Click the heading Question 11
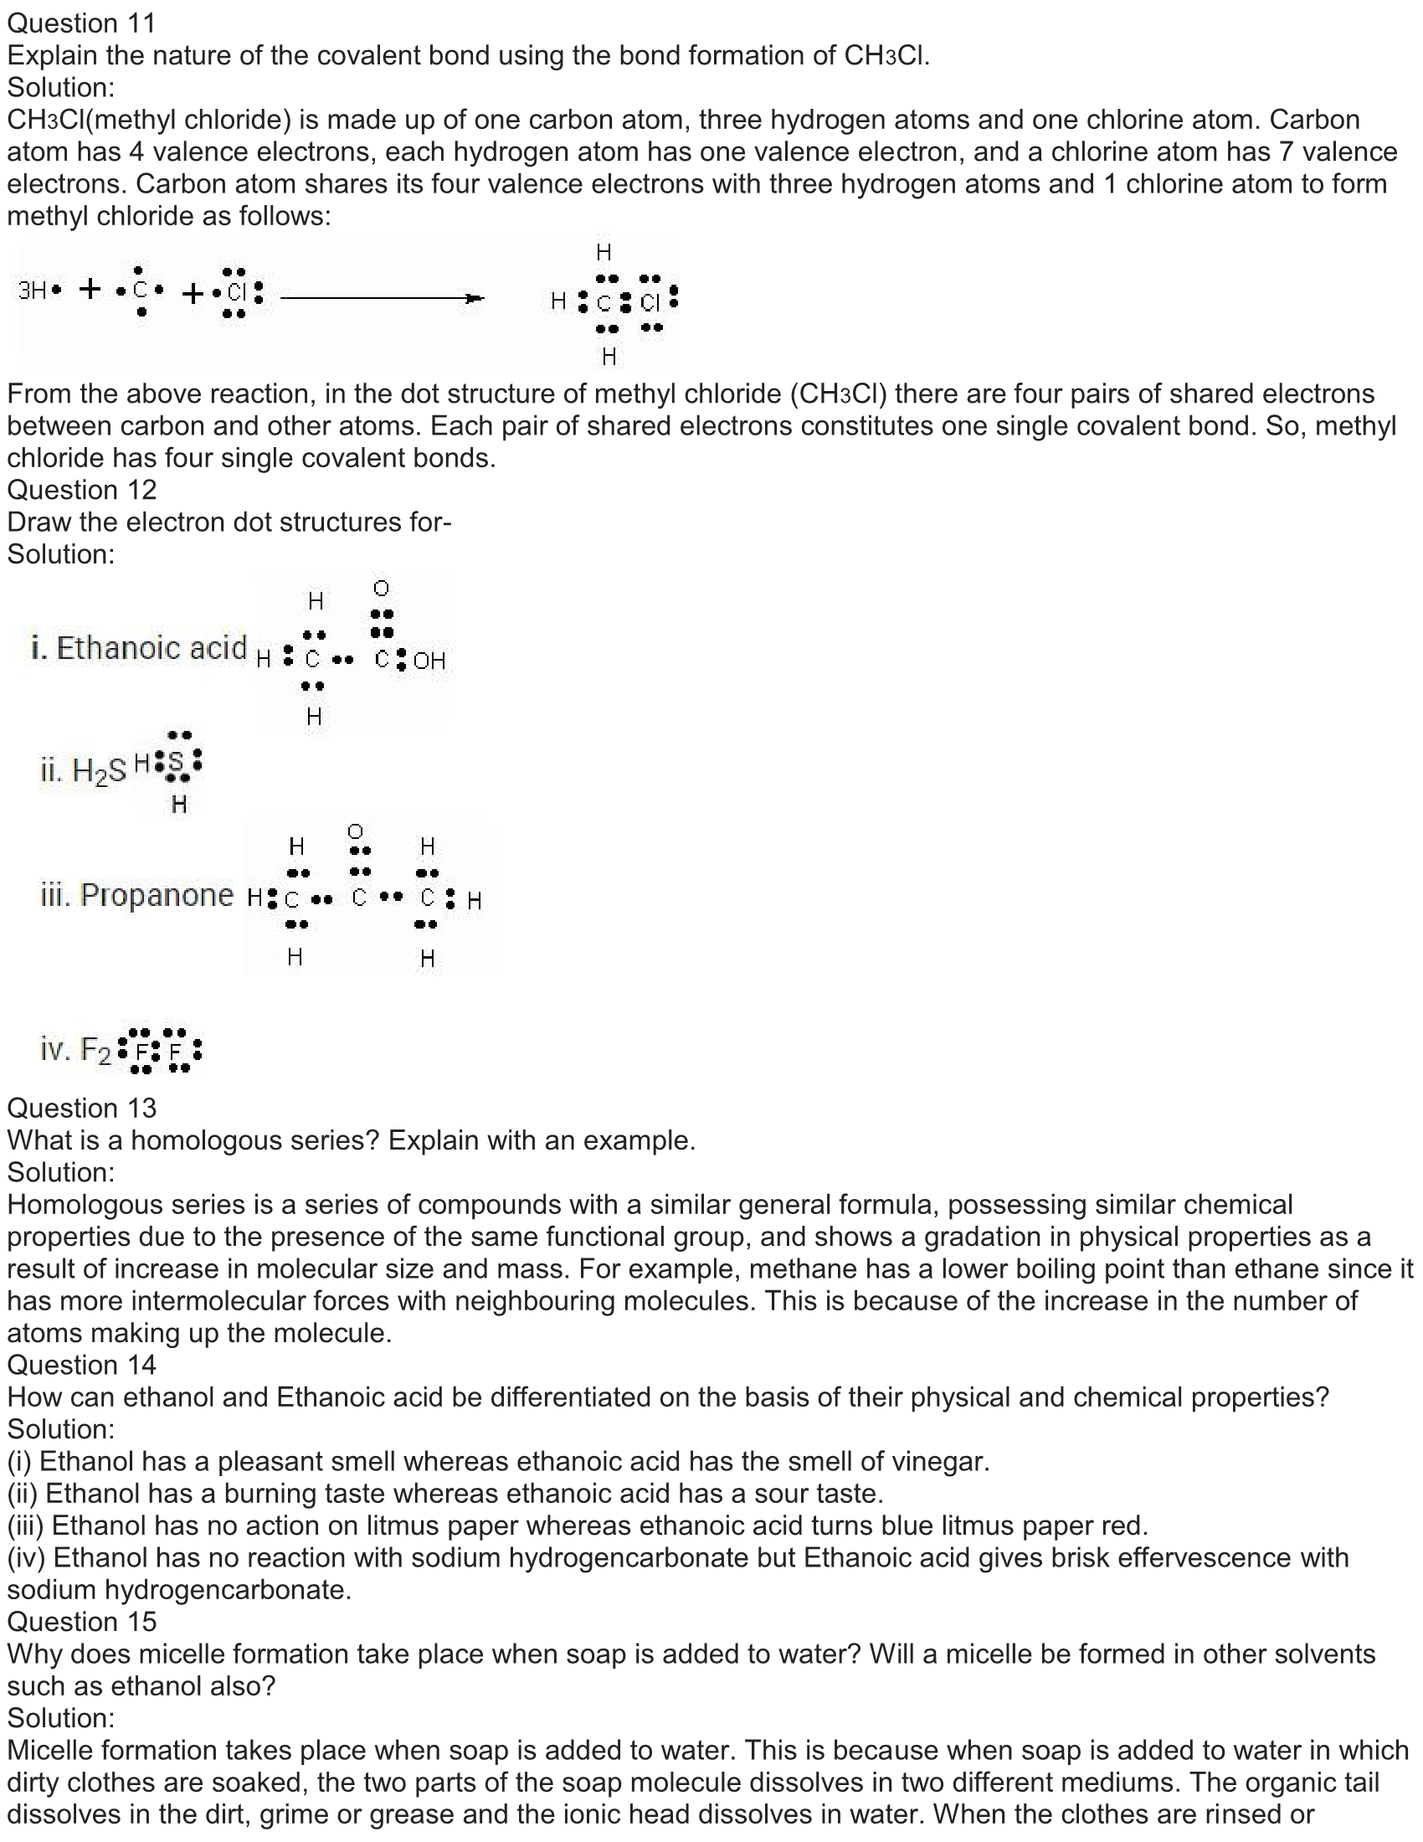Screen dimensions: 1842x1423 point(82,23)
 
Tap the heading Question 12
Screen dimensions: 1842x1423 point(82,490)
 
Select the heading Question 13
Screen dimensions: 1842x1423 point(82,1109)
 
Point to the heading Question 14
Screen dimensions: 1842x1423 point(82,1366)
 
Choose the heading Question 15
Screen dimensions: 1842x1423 point(82,1622)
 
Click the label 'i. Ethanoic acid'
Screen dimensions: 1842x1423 point(139,648)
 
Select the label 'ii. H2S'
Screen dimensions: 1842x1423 point(83,770)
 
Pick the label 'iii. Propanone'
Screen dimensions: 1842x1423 point(136,895)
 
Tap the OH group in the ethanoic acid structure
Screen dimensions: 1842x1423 point(429,661)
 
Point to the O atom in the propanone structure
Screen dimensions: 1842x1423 point(356,832)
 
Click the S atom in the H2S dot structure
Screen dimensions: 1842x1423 point(175,763)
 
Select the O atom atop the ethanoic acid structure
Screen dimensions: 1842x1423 point(381,588)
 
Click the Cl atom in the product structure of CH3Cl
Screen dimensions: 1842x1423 point(650,302)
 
